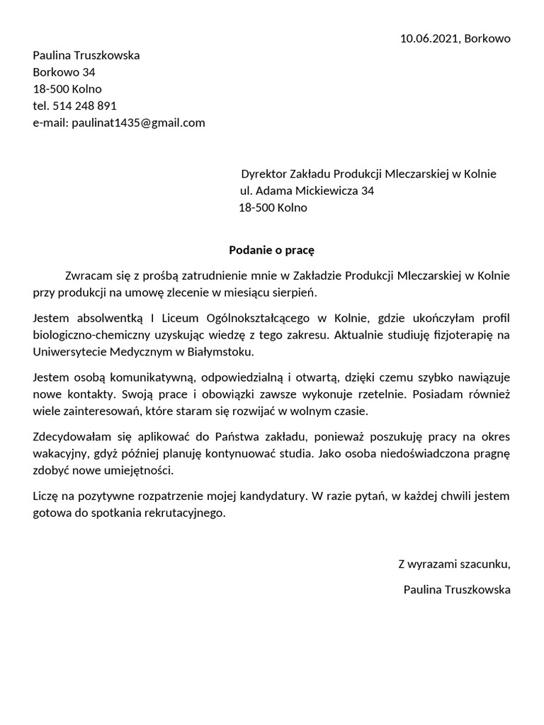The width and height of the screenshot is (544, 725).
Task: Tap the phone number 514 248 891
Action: (84, 105)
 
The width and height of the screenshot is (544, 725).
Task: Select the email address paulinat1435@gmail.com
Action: (139, 122)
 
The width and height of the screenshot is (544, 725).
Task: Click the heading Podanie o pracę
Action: (271, 249)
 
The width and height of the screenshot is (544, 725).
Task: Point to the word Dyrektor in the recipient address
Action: (264, 174)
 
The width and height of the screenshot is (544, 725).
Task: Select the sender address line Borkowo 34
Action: (64, 72)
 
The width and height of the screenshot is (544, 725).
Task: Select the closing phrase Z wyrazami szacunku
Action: (454, 564)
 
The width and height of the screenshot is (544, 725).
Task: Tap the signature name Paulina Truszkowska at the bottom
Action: (457, 589)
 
